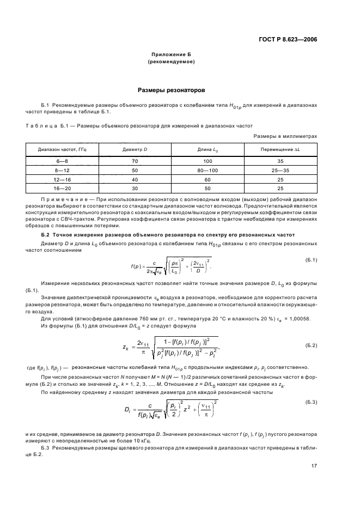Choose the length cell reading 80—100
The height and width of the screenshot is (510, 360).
coord(208,170)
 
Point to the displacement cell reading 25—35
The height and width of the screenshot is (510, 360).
coord(280,170)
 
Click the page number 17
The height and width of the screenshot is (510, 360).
coord(314,465)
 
